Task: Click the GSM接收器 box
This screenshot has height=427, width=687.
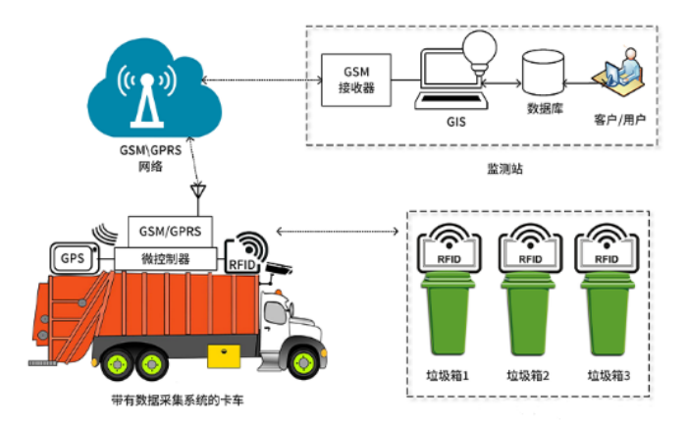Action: [357, 80]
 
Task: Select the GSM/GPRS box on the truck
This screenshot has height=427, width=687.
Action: [164, 233]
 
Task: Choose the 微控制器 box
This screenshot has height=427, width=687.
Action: [166, 257]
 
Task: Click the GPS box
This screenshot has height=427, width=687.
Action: [73, 259]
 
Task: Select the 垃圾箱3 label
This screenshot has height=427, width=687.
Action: [609, 375]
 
